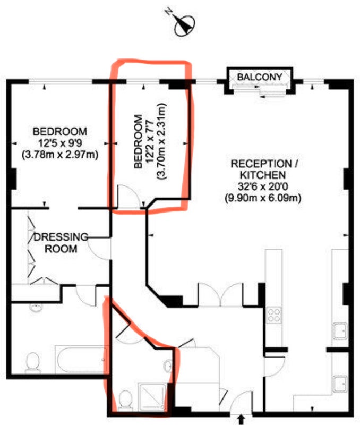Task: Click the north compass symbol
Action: coord(184,25)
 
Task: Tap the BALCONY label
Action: coord(260,77)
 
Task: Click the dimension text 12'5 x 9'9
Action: coord(60,143)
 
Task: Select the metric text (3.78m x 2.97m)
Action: coord(60,155)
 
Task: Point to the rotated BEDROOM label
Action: coord(139,141)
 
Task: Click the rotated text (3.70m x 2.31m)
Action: coord(161,141)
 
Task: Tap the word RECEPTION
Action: coord(261,164)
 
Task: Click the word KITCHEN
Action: coord(263,175)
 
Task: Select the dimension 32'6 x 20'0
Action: coord(263,186)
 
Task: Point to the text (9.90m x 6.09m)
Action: coord(263,198)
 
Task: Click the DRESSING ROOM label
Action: coord(61,243)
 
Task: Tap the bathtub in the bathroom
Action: coord(81,360)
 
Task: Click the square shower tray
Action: coord(152,396)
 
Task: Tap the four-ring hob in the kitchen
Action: coord(274,315)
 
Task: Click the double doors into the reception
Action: coord(220,295)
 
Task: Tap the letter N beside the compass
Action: coord(169,11)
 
